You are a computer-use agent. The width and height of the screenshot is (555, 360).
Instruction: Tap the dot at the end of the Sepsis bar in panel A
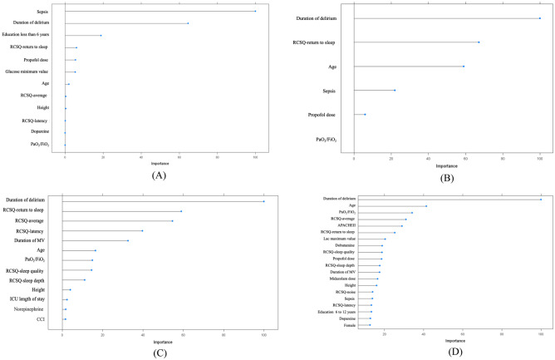coord(255,11)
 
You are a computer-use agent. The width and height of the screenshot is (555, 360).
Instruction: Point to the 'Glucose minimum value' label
coord(34,72)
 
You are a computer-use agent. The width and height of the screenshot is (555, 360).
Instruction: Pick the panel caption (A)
coord(135,175)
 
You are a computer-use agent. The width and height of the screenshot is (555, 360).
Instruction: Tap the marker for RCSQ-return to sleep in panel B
coord(479,42)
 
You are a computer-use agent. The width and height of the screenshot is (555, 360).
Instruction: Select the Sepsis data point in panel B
coord(395,90)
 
